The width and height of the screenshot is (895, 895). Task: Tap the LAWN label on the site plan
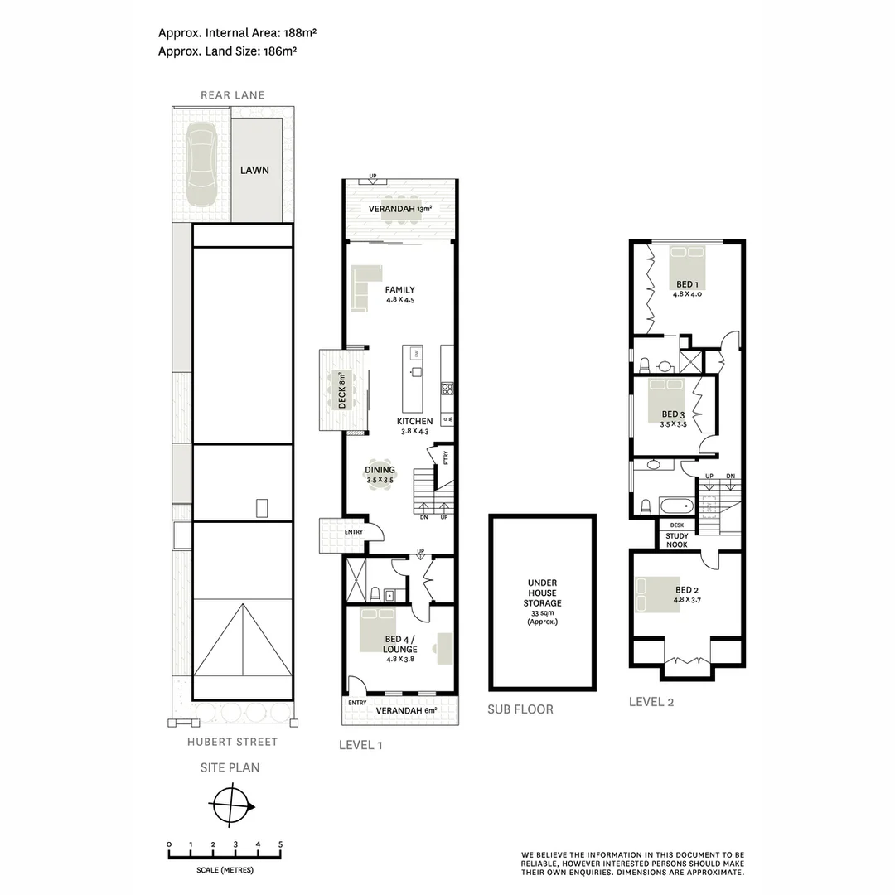tap(254, 170)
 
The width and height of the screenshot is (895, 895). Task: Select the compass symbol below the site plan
tap(232, 804)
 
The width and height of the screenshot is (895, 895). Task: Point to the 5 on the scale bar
tap(280, 844)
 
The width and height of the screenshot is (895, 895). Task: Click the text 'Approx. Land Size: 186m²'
tap(228, 51)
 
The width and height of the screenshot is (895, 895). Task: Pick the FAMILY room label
tap(399, 290)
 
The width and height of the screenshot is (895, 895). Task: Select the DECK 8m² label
tap(340, 389)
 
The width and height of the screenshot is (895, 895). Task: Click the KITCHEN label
tap(414, 422)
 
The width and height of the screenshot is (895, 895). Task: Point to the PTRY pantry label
tap(446, 457)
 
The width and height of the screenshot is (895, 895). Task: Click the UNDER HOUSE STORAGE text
tap(542, 593)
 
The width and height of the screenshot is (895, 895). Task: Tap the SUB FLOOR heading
tap(520, 709)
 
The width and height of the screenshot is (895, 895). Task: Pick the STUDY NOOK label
tap(677, 539)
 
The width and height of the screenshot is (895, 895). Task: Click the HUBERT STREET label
tap(232, 742)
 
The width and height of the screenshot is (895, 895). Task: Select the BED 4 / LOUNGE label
tap(399, 645)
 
